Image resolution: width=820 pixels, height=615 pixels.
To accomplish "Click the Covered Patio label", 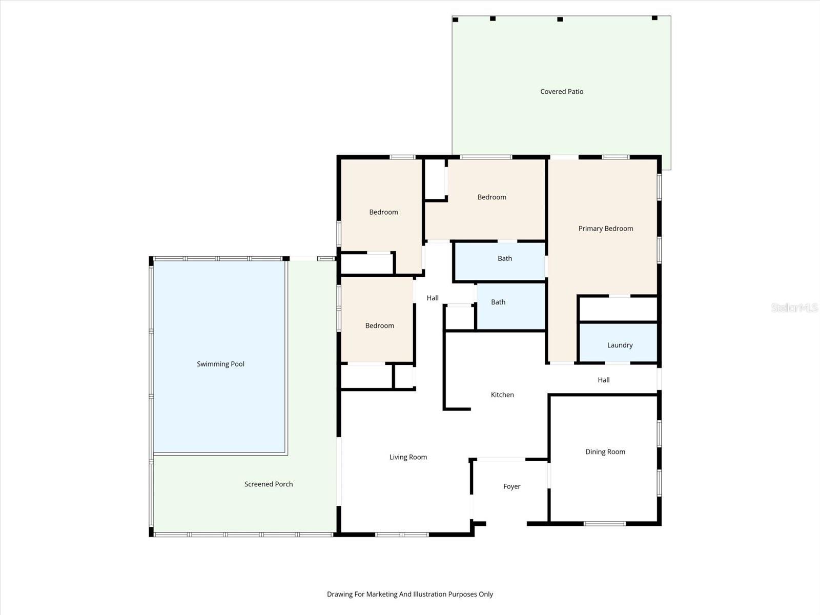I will pyautogui.click(x=562, y=92).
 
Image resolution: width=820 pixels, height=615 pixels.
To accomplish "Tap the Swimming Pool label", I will pyautogui.click(x=220, y=364).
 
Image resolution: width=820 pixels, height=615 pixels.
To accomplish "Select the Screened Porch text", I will pyautogui.click(x=269, y=484).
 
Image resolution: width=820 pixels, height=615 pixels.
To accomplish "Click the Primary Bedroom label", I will pyautogui.click(x=606, y=229).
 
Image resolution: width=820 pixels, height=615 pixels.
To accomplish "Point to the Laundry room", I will pyautogui.click(x=620, y=345).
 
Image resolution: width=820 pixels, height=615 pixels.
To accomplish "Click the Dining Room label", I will pyautogui.click(x=605, y=452).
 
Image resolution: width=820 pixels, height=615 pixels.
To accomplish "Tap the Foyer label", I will pyautogui.click(x=511, y=487).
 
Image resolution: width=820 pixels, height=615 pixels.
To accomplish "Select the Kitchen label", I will pyautogui.click(x=502, y=395).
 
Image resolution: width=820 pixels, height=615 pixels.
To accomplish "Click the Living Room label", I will pyautogui.click(x=408, y=458).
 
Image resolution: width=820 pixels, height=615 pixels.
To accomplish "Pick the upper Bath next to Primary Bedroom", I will pyautogui.click(x=505, y=259).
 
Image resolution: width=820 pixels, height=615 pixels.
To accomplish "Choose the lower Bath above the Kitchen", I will pyautogui.click(x=498, y=302).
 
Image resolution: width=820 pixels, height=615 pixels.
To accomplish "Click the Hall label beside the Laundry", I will pyautogui.click(x=603, y=380).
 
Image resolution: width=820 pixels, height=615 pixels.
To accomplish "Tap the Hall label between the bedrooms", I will pyautogui.click(x=433, y=298).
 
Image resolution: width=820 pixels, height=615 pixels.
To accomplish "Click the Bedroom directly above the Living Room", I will pyautogui.click(x=379, y=326).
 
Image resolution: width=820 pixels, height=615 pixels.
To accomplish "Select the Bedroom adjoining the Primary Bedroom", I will pyautogui.click(x=491, y=197).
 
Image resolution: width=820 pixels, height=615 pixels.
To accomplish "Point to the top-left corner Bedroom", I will pyautogui.click(x=383, y=212).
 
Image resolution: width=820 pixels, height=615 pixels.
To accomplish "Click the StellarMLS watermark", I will pyautogui.click(x=794, y=308).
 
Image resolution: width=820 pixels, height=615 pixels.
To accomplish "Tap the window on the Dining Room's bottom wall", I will pyautogui.click(x=605, y=523).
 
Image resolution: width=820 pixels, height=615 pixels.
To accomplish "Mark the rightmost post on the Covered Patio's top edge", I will pyautogui.click(x=654, y=18).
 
